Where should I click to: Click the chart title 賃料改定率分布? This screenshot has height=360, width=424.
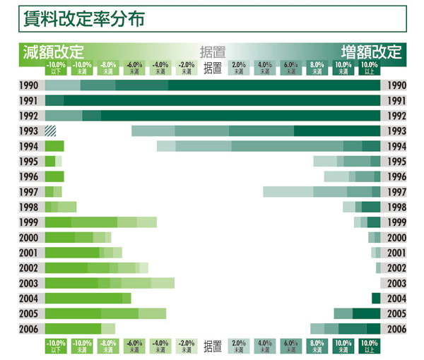84,19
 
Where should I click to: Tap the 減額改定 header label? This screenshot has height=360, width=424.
53,52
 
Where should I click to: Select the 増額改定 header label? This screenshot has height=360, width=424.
371,52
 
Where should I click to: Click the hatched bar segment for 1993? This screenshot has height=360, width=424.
50,131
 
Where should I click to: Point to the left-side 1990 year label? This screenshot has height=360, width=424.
31,85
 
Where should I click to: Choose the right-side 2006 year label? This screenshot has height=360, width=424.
394,329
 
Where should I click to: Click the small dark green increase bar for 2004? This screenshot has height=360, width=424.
376,299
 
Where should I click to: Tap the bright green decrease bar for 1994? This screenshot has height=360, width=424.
54,146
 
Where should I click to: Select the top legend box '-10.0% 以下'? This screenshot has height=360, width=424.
57,68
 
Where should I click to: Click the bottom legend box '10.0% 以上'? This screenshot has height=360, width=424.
369,346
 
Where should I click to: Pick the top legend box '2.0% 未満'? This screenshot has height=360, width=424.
238,68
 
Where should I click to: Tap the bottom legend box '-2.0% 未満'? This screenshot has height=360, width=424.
187,346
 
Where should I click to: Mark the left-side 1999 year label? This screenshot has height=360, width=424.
31,222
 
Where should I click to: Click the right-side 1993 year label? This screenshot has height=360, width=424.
394,131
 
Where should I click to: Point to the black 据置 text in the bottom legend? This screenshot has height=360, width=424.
212,346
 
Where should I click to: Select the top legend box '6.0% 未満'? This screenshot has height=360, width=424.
290,68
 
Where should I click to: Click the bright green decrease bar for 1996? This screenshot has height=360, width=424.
54,176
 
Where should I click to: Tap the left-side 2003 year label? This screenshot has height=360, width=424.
31,283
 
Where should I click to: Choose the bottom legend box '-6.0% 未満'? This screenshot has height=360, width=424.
134,346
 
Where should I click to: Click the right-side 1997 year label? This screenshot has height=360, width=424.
394,192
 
